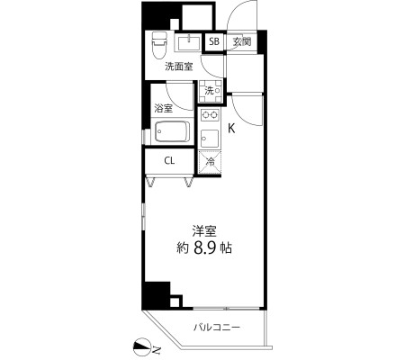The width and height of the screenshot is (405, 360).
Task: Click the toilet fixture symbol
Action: tap(159, 45)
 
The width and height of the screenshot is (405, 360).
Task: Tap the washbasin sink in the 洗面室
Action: tap(189, 43)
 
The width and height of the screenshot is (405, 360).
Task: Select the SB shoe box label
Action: tap(214, 41)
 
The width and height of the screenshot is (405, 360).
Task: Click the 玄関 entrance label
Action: tap(242, 41)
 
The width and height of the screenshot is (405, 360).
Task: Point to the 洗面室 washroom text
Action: tap(179, 67)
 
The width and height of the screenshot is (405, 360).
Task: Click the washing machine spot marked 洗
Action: tap(211, 91)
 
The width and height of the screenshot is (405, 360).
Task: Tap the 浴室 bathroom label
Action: tap(164, 109)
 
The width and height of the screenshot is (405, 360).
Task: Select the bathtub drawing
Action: tap(173, 131)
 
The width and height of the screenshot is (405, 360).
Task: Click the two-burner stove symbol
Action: tap(210, 114)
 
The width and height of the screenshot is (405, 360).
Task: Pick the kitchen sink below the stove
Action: tap(210, 139)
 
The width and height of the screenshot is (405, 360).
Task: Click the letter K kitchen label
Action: tap(231, 129)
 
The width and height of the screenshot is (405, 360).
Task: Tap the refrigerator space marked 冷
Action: tap(210, 162)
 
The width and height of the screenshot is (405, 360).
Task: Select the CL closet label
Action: tap(169, 161)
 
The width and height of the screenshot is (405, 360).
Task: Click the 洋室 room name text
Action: tap(204, 231)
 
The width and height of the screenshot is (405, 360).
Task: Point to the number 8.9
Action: tap(205, 248)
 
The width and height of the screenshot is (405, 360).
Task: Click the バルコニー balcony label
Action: tap(217, 327)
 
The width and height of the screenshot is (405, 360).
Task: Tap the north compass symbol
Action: tap(141, 346)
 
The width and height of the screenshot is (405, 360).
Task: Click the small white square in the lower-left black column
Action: tap(175, 301)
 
